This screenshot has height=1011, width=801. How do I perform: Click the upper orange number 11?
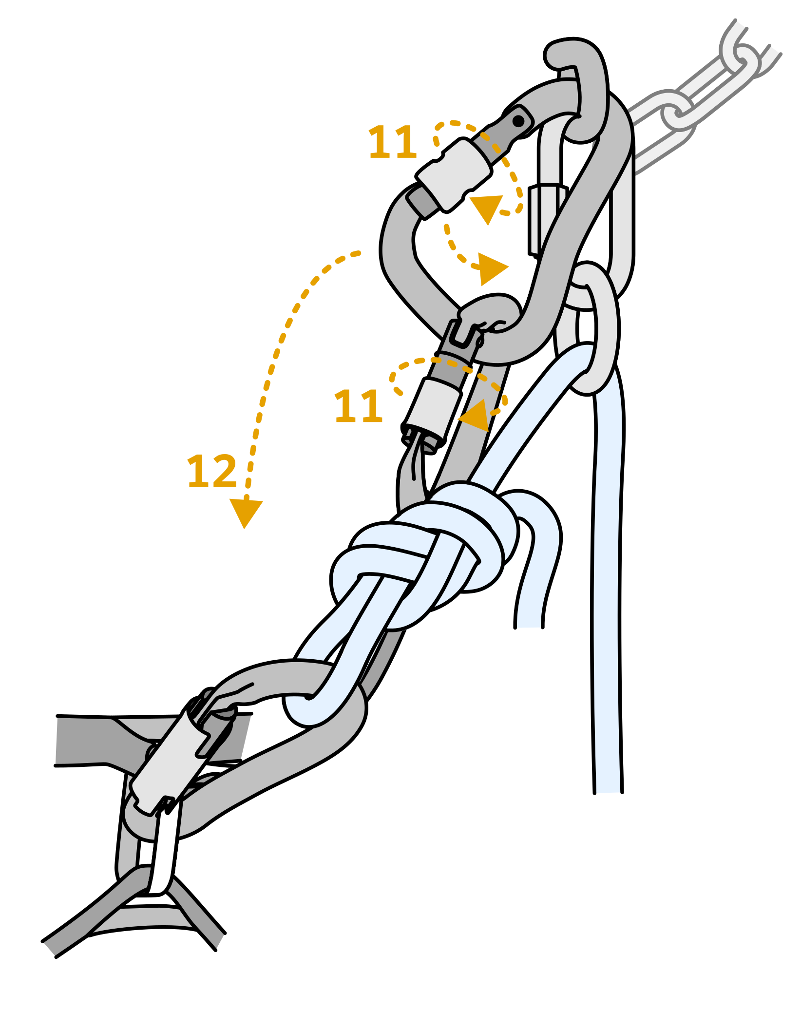pos(393,142)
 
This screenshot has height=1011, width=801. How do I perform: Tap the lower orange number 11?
pos(359,406)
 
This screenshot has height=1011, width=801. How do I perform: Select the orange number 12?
pos(212,471)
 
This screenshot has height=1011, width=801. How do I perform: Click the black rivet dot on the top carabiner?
pos(518,120)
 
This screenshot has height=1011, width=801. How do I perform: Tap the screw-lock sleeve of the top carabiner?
pos(454,173)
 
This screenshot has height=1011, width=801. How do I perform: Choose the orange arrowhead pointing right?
pos(492,268)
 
